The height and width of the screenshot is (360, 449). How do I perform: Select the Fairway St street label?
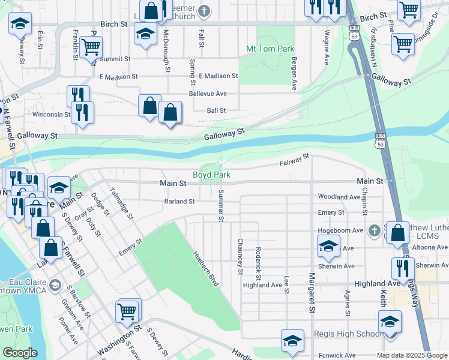pyautogui.click(x=294, y=159)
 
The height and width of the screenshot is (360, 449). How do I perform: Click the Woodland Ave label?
pyautogui.click(x=339, y=197)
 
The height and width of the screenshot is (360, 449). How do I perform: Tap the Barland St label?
pyautogui.click(x=179, y=202)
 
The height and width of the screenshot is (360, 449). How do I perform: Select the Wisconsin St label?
pyautogui.click(x=51, y=114)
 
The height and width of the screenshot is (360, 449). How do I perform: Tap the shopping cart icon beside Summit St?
pyautogui.click(x=91, y=46)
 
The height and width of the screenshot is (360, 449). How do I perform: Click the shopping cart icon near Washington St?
pyautogui.click(x=128, y=310)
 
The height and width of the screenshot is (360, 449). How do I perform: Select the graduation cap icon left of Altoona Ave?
pyautogui.click(x=328, y=245)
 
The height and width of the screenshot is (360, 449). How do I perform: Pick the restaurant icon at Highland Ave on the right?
pyautogui.click(x=403, y=268)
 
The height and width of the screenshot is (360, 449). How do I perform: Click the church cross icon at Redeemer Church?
pyautogui.click(x=204, y=10)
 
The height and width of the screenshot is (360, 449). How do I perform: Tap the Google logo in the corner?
pyautogui.click(x=20, y=353)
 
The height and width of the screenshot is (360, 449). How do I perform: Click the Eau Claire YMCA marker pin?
pyautogui.click(x=56, y=283)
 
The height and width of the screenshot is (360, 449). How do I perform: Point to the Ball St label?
pyautogui.click(x=216, y=110)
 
